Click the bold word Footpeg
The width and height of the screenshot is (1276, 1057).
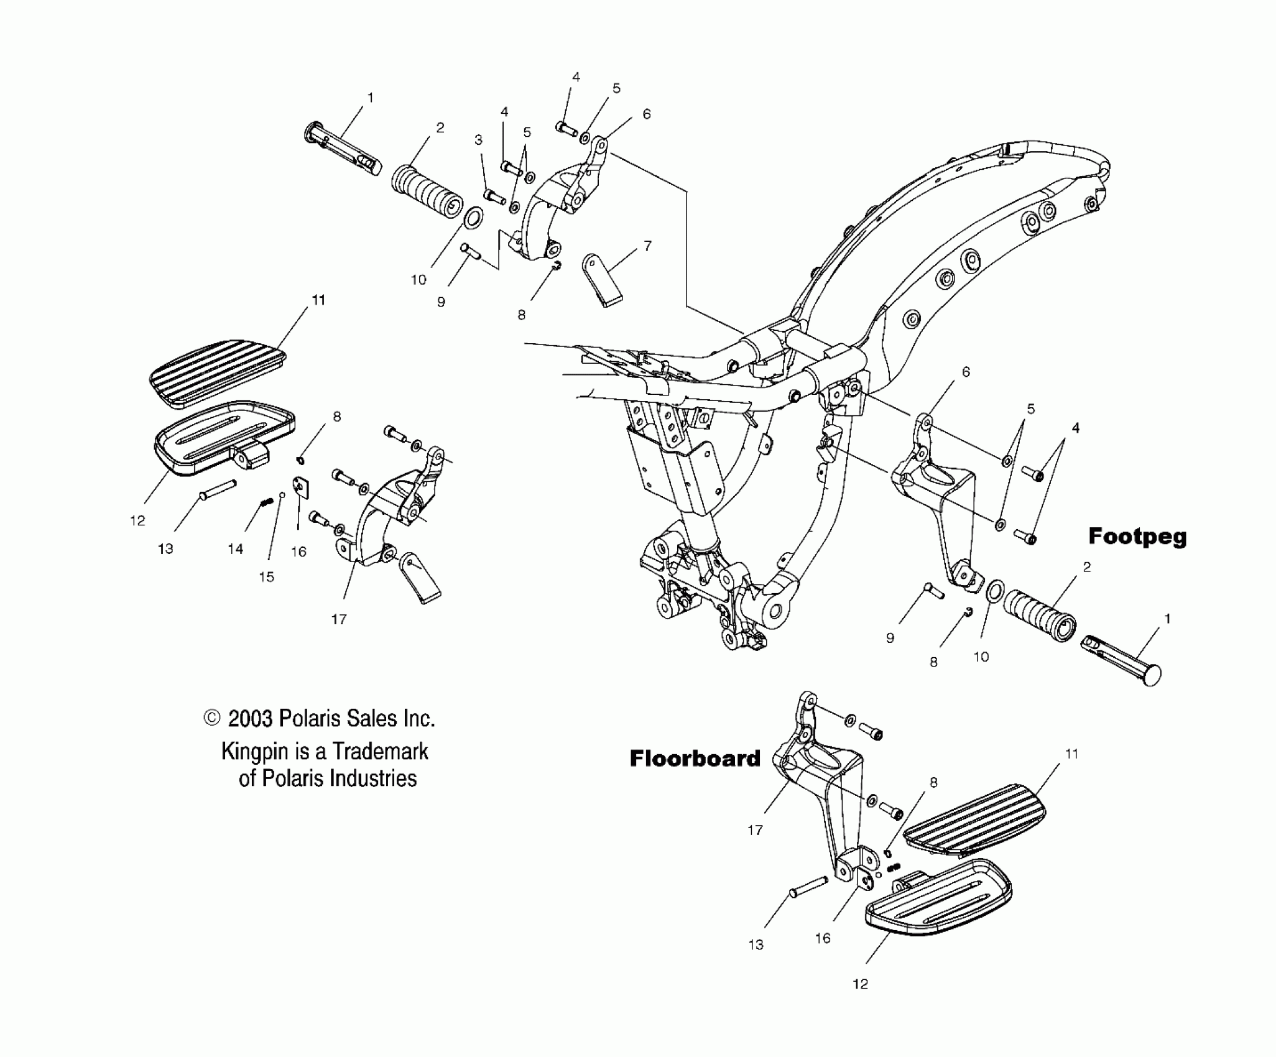[x=1137, y=537]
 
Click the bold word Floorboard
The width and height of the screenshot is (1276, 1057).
[x=695, y=759]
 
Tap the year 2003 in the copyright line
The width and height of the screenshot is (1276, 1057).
[x=251, y=719]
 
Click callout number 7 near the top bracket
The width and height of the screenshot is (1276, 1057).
[x=647, y=246]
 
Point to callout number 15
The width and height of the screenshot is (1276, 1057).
[x=266, y=577]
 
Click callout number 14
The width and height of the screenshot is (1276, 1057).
[x=235, y=549]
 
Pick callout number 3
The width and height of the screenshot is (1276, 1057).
[x=478, y=140]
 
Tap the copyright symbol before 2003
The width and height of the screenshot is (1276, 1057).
[x=212, y=718]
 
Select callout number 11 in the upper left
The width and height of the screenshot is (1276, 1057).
[x=318, y=300]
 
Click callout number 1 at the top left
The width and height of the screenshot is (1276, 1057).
[x=371, y=98]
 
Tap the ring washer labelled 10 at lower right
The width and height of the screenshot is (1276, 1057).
[x=995, y=591]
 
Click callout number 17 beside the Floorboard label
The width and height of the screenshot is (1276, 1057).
[x=755, y=830]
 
